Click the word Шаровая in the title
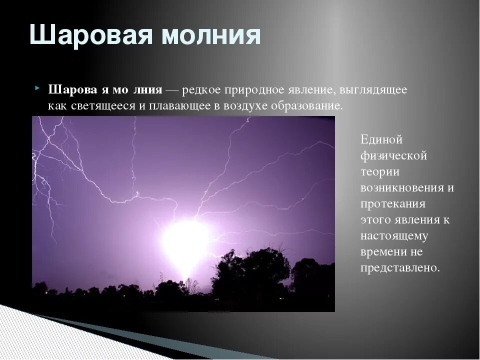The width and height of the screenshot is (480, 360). point(91,34)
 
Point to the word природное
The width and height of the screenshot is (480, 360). point(254,90)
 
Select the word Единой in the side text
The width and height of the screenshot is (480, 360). point(381,139)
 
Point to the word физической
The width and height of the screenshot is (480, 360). point(393,156)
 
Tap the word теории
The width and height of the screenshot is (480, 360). point(380,171)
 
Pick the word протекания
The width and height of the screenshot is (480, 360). point(393,203)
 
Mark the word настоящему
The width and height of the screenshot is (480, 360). point(394,236)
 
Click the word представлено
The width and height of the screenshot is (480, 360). point(400,268)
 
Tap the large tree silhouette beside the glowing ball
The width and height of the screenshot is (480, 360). point(250,269)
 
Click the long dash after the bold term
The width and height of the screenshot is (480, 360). point(173,90)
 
